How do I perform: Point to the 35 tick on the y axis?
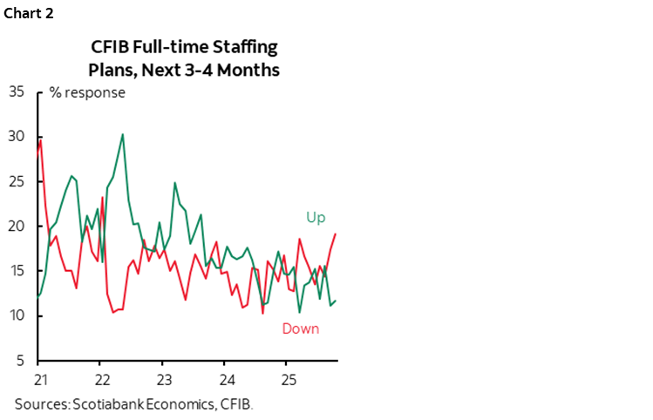[17, 91]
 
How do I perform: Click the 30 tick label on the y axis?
[17, 136]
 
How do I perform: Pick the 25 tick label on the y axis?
[17, 181]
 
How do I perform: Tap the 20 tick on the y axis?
[17, 227]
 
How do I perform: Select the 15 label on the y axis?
[17, 271]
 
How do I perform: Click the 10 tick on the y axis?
[17, 316]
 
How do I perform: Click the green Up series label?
[315, 217]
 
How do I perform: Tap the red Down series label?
[300, 329]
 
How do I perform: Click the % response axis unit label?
[87, 92]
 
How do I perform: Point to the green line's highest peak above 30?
[122, 134]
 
